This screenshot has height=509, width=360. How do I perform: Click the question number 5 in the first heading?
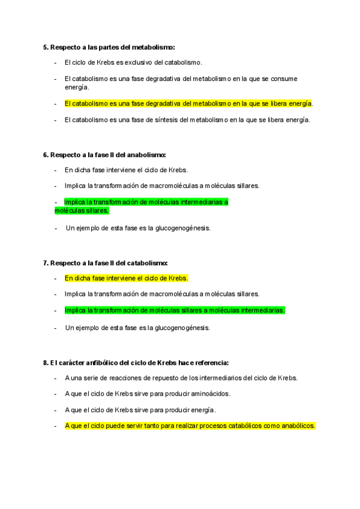coord(46,47)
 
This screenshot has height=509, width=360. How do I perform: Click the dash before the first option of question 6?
coord(56,170)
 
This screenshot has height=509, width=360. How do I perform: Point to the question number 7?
coord(46,263)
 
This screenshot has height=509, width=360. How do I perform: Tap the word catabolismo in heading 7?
coord(148,263)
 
